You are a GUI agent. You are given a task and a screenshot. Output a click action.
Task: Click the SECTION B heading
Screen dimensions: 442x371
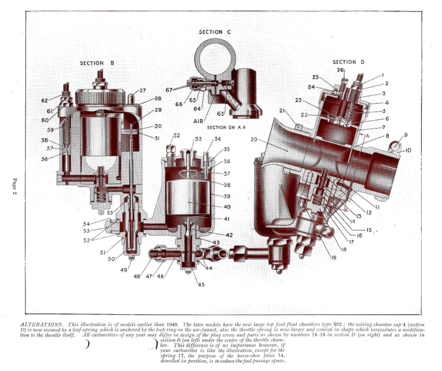pos(97,63)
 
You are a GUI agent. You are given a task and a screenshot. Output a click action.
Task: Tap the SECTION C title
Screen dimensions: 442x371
pos(215,32)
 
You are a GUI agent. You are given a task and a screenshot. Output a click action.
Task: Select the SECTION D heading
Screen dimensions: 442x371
pos(348,62)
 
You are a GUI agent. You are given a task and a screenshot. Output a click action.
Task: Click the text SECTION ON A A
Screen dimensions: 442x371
pos(226,127)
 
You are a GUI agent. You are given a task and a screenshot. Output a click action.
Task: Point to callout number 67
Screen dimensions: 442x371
pos(169,90)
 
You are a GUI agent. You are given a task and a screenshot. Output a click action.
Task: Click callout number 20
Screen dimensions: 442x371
pos(254,139)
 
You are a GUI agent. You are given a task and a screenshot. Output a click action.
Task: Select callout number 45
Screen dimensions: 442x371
pos(201,284)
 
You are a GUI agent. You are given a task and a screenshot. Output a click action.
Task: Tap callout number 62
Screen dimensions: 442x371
pos(45,101)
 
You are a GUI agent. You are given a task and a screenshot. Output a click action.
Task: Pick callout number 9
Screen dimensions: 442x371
pos(406,135)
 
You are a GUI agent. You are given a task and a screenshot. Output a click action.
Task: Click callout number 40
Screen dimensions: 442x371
pos(227,207)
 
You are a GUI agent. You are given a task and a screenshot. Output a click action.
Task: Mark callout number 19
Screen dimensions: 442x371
pos(333,258)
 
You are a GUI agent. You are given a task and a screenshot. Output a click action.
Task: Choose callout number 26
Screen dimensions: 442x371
pos(340,70)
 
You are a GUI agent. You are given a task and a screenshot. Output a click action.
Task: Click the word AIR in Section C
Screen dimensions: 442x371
pos(198,121)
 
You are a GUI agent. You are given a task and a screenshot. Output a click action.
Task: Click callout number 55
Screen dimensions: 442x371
pos(110,212)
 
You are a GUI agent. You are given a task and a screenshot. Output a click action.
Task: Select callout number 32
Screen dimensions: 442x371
pos(176,135)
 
